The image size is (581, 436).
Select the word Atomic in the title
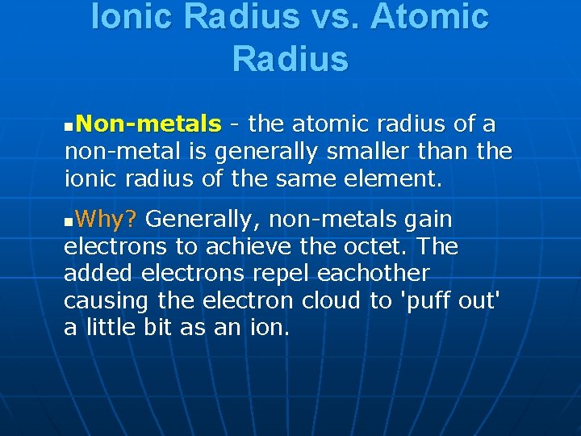point(430,18)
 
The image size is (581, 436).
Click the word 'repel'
point(282,273)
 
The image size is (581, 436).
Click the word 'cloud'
point(332,300)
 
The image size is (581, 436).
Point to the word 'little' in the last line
point(110,327)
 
